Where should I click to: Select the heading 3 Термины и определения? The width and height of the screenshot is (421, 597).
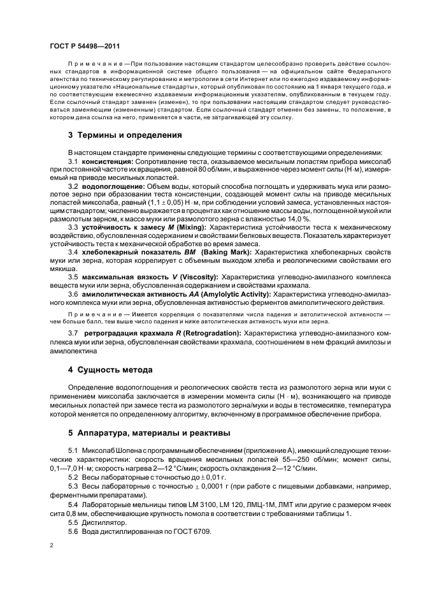(x=117, y=135)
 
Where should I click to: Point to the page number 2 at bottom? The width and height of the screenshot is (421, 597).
(x=51, y=545)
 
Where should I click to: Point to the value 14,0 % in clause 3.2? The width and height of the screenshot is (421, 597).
(x=296, y=217)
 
